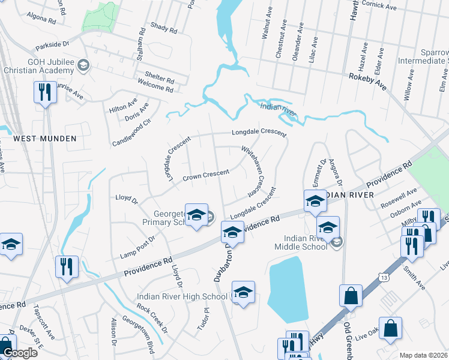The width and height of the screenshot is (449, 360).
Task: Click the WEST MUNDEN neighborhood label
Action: click(x=45, y=139)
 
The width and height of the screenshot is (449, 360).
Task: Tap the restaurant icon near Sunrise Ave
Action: click(x=44, y=93)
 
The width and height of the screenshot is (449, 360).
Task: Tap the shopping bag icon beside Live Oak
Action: click(x=390, y=329)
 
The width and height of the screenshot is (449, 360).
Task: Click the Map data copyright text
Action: click(x=423, y=355)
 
